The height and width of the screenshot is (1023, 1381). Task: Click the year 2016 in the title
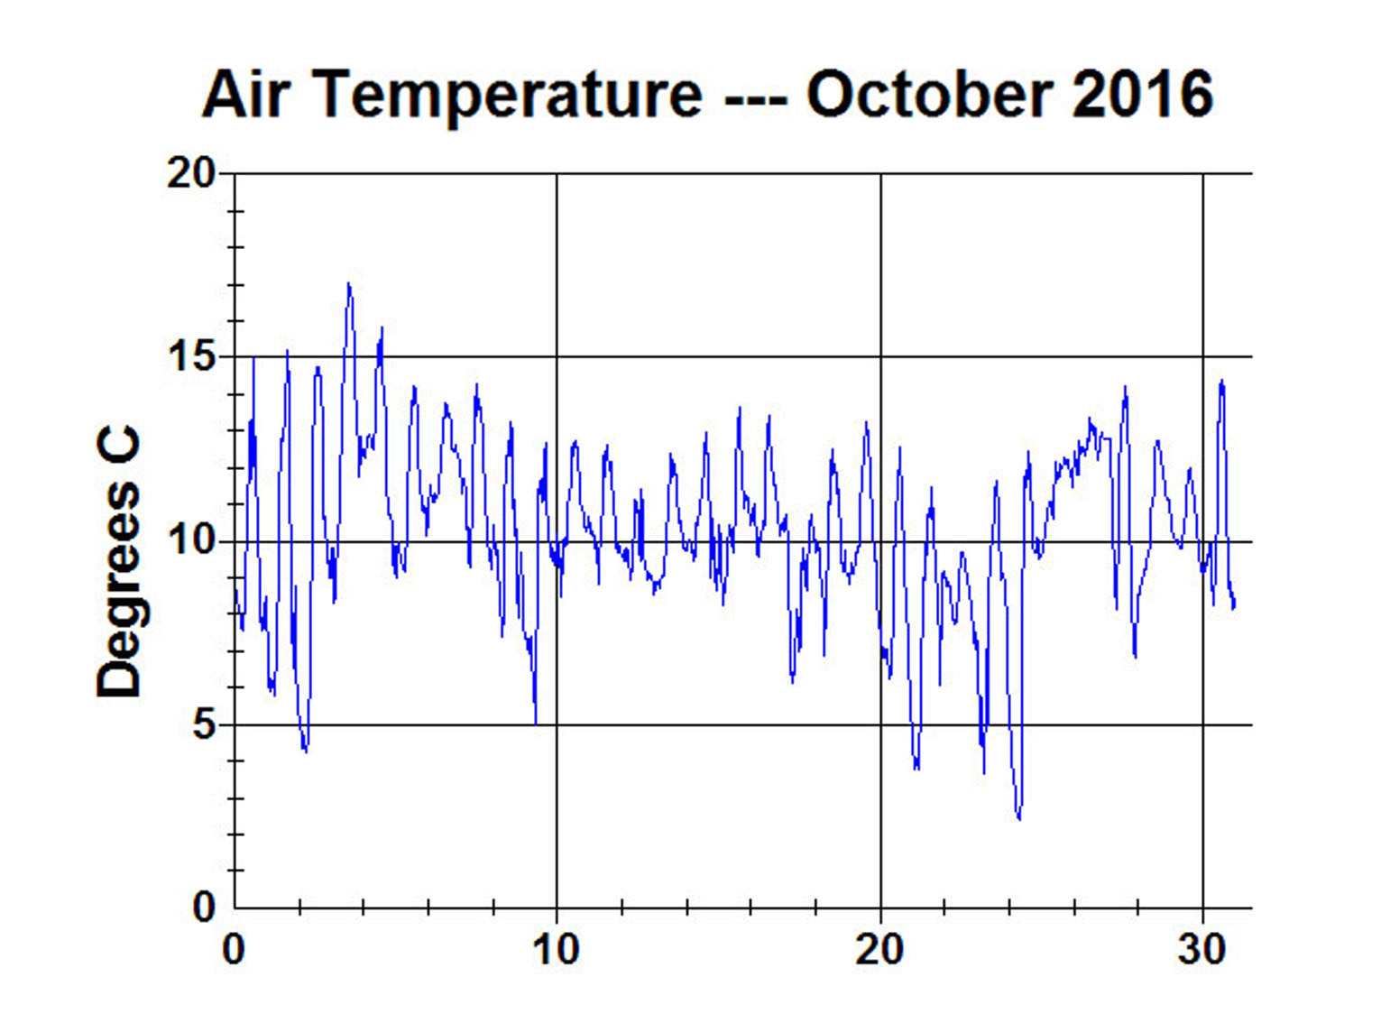click(1143, 94)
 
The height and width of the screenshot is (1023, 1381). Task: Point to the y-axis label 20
click(191, 172)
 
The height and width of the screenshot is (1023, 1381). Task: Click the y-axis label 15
click(191, 357)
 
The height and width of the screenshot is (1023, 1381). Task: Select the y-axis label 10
click(191, 541)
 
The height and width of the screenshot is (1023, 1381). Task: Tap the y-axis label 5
click(205, 725)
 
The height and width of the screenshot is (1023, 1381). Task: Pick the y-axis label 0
click(205, 908)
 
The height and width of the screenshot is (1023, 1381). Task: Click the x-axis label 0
click(234, 950)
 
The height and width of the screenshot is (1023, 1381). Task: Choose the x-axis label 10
click(556, 950)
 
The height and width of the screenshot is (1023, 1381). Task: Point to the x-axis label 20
click(879, 950)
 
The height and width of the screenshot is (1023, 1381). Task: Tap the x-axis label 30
click(1201, 950)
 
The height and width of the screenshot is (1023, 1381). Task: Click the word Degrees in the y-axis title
click(119, 591)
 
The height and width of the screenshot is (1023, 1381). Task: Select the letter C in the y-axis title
click(119, 445)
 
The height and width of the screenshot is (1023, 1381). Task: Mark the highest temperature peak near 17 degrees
click(348, 284)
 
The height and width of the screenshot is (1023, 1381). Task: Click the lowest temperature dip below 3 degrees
click(1019, 818)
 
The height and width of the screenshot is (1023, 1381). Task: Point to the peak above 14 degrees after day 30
click(1222, 381)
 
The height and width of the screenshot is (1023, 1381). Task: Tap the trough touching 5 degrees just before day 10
click(536, 723)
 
